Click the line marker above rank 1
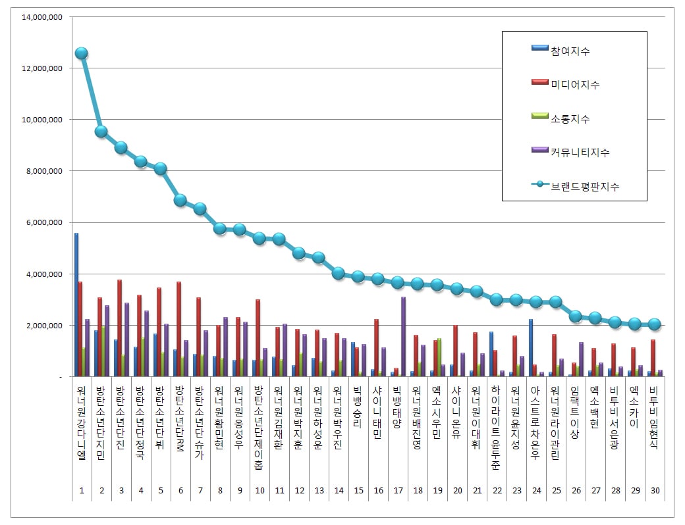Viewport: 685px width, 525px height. [81, 53]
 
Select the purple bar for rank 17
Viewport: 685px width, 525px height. [403, 336]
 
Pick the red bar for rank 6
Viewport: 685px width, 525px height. [178, 329]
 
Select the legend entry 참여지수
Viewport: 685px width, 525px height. [570, 51]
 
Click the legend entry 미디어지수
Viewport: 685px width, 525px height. [575, 84]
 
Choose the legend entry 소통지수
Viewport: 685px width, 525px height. [570, 118]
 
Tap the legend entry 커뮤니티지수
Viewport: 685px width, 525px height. [580, 152]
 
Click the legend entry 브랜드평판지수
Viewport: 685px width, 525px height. [585, 186]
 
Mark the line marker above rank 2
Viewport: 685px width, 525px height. [101, 132]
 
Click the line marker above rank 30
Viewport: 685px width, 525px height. [654, 324]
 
